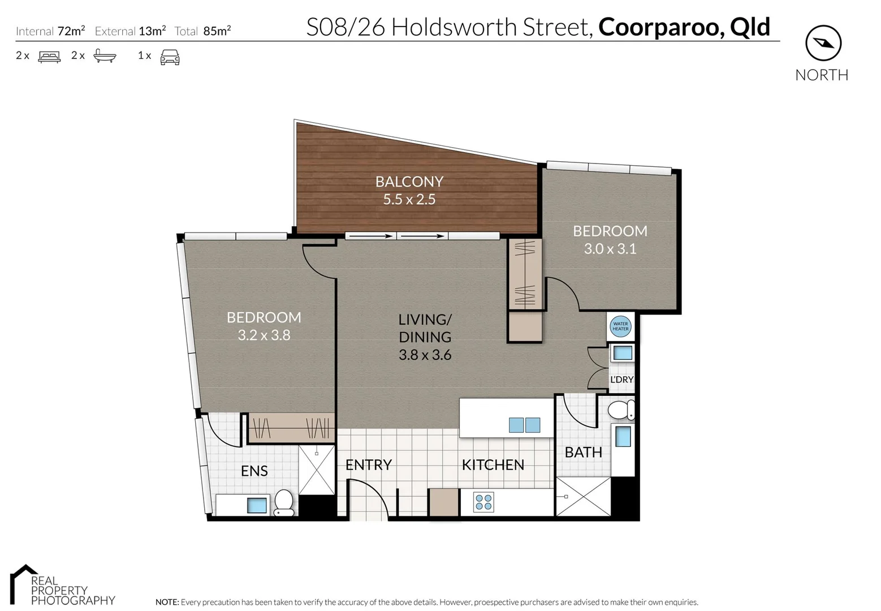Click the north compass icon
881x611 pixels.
823,43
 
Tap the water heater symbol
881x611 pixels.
620,326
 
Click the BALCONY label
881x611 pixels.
409,182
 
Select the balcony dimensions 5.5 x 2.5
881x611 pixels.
409,200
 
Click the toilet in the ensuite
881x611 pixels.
284,502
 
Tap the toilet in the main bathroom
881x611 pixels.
621,410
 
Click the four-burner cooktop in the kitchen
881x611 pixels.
483,502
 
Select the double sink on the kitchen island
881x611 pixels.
524,425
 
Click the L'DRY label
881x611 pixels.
621,380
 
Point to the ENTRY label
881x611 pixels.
369,465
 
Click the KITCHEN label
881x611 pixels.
493,465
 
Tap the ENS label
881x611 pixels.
254,471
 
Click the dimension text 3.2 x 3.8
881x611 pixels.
264,335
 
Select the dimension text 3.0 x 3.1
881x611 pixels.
610,249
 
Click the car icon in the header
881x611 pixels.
170,57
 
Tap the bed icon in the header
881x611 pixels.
49,57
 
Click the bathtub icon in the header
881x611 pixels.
105,56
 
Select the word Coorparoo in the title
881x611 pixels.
660,27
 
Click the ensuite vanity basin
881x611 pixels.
257,505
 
